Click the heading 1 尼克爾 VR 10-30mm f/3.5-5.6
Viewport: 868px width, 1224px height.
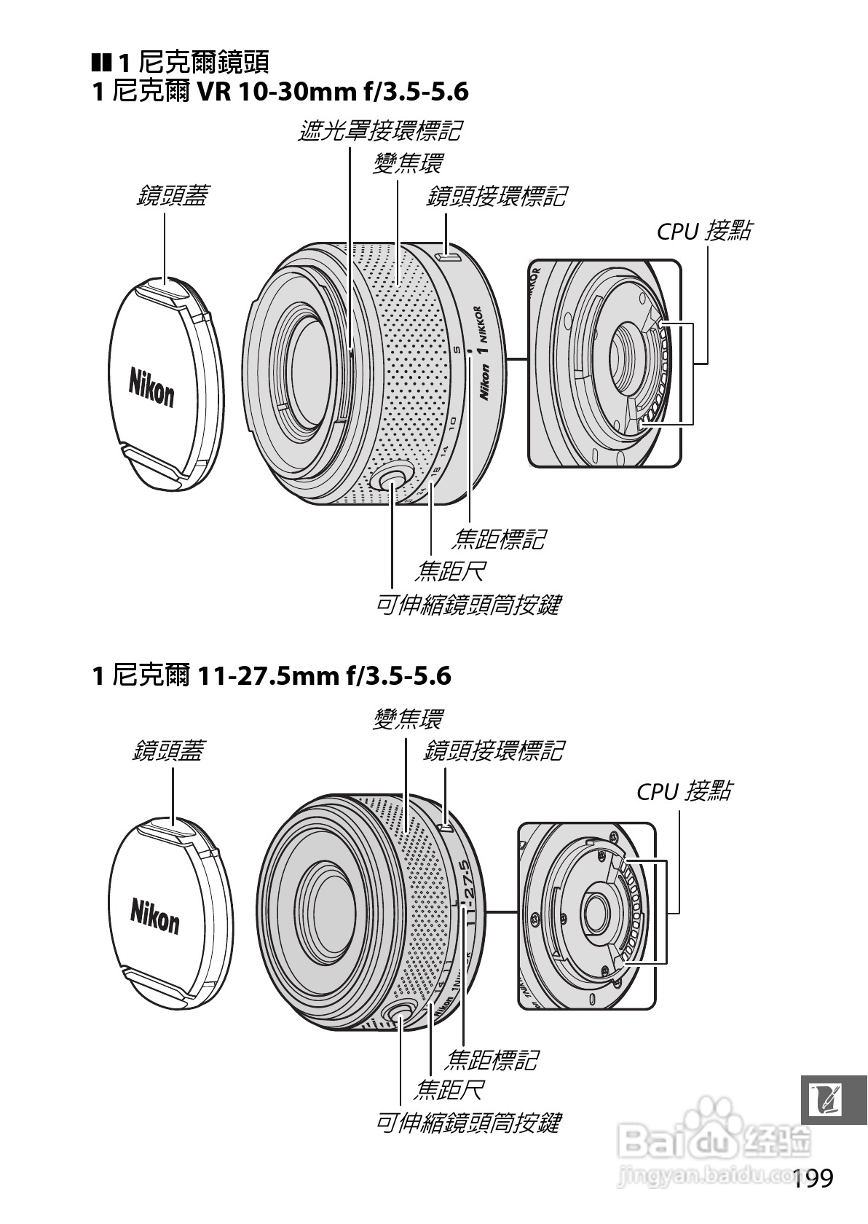pos(280,93)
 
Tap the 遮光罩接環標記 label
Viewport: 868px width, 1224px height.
pos(379,131)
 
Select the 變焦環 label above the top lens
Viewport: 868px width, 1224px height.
pos(407,163)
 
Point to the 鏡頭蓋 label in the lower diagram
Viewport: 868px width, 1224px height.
pos(168,750)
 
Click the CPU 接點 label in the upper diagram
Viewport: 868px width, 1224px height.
pos(703,231)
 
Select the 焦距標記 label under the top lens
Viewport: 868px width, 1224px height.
pos(498,539)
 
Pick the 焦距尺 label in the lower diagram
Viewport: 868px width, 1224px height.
pos(449,1090)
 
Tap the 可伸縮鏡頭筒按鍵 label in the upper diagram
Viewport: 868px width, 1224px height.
pos(467,605)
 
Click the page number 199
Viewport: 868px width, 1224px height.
pos(812,1178)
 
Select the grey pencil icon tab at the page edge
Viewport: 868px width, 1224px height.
pos(833,1100)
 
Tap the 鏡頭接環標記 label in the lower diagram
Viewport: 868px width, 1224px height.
pos(493,750)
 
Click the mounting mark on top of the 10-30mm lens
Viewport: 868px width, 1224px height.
pos(449,256)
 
